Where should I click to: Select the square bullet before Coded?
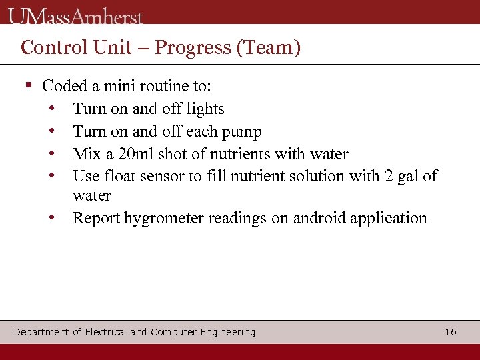[28, 85]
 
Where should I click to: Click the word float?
[119, 176]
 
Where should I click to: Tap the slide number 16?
[451, 332]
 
